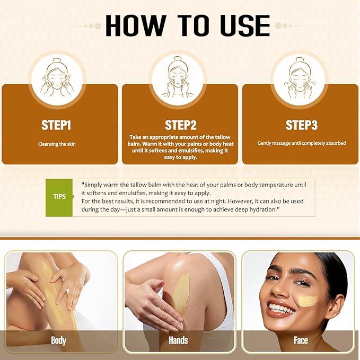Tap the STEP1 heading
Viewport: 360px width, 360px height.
(56, 125)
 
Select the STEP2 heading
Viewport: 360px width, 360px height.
(181, 125)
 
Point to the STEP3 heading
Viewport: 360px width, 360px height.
(301, 125)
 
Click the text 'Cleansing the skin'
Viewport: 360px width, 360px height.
(57, 144)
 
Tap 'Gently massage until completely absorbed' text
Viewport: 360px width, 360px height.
(301, 143)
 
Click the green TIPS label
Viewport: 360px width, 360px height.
(60, 196)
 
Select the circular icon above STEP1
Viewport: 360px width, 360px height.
(56, 77)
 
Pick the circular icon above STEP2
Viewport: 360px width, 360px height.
(180, 77)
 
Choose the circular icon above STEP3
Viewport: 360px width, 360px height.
(300, 77)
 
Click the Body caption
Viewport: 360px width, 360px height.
(58, 340)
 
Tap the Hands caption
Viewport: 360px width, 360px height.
(179, 340)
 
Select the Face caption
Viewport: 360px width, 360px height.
(300, 340)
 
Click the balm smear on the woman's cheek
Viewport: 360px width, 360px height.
(308, 301)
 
